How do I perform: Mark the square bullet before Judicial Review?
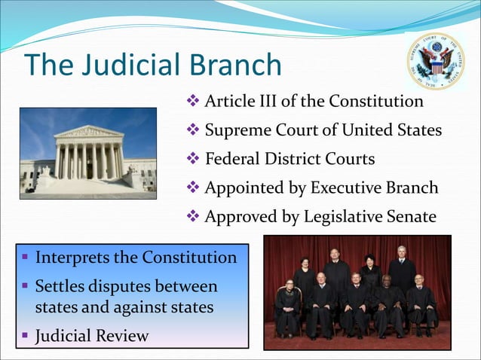click(x=26, y=335)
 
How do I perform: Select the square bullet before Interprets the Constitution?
click(x=26, y=258)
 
